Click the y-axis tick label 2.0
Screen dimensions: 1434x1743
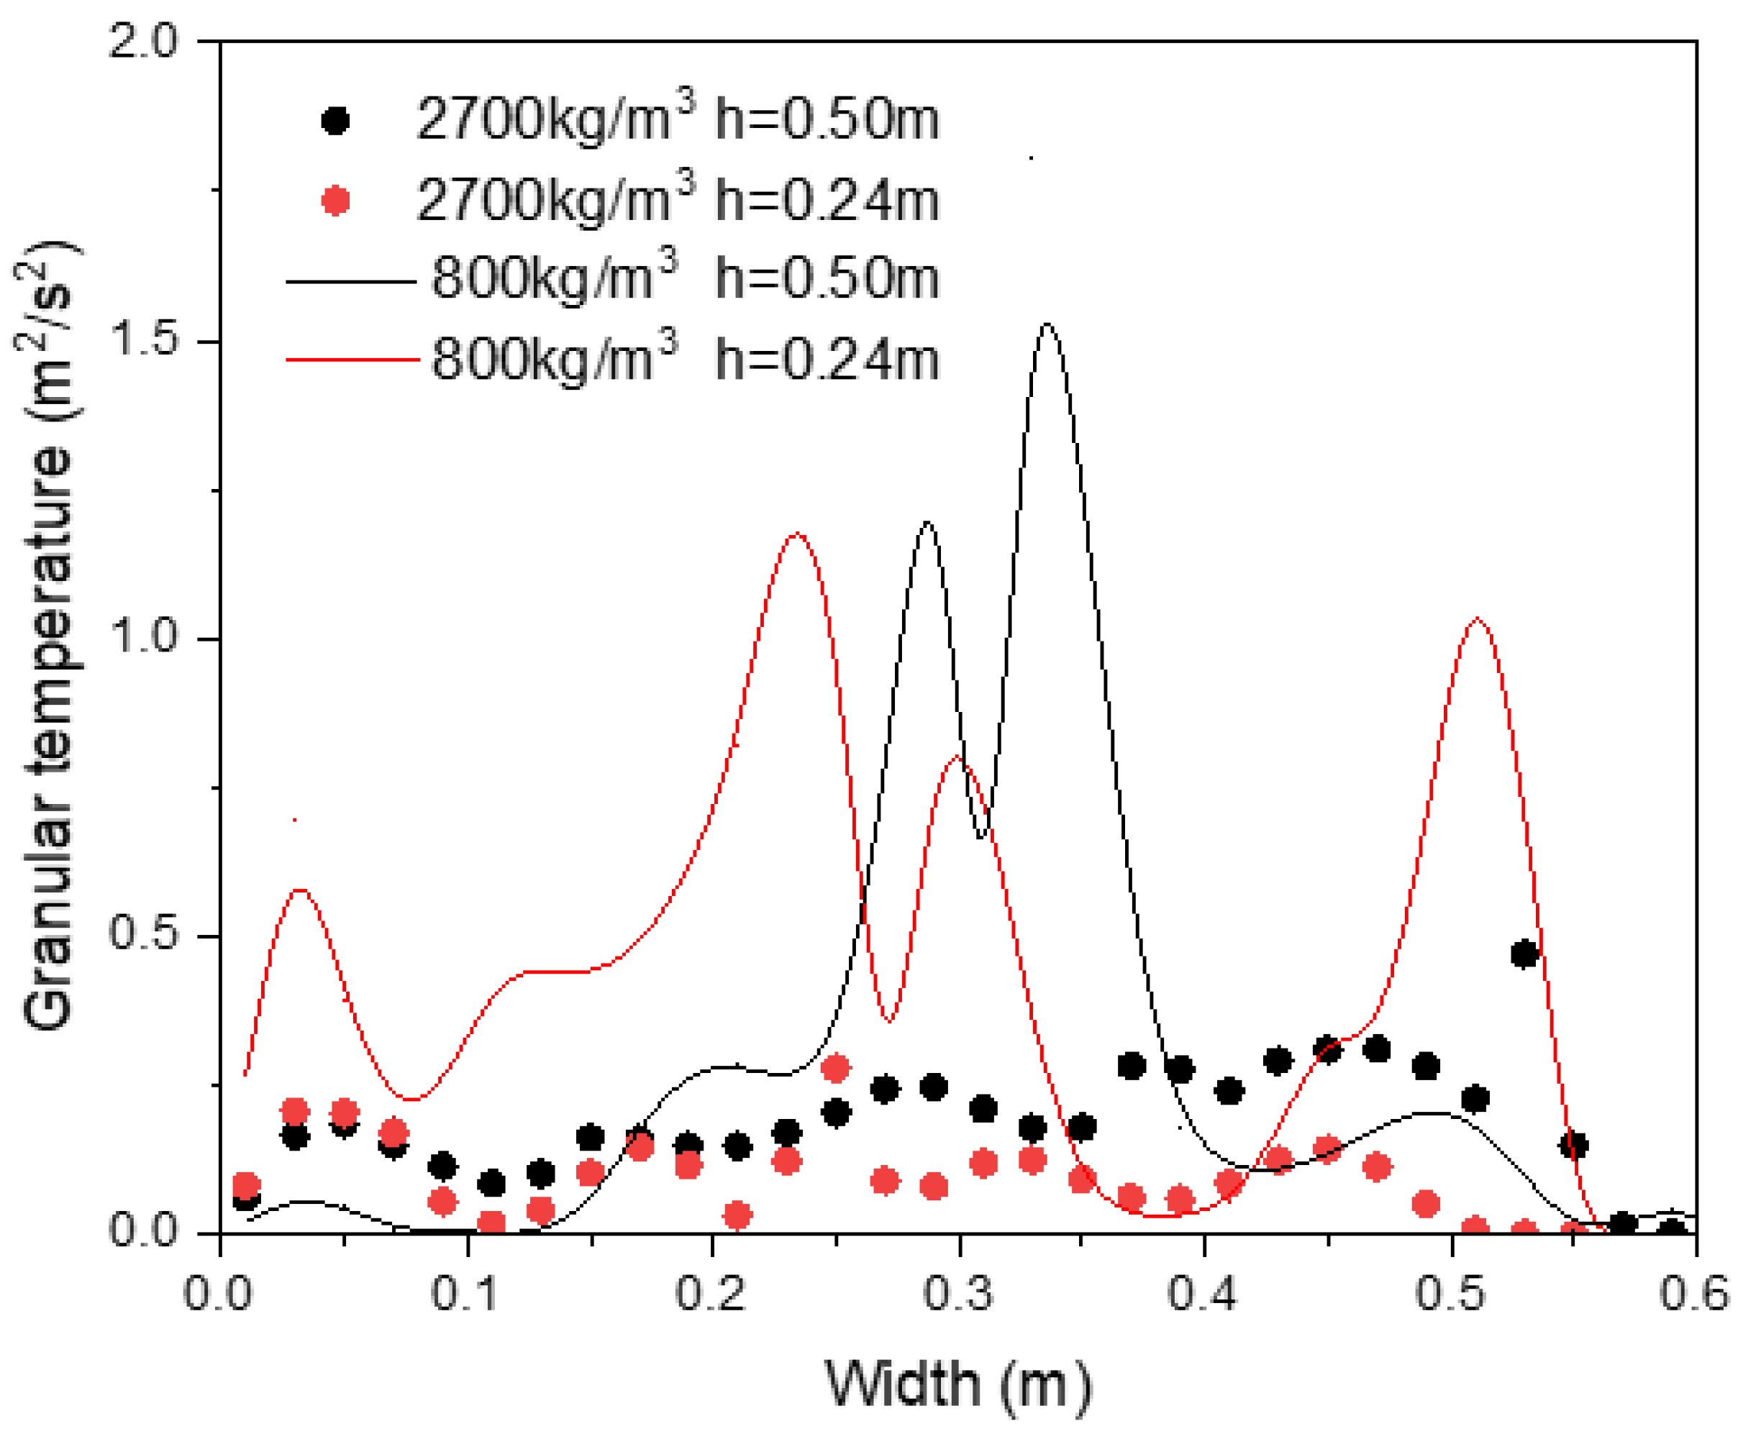pyautogui.click(x=144, y=41)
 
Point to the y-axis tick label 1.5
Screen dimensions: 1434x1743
pyautogui.click(x=144, y=340)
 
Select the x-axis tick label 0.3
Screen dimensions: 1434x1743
pyautogui.click(x=957, y=1293)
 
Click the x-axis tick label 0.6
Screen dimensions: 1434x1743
pyautogui.click(x=1694, y=1293)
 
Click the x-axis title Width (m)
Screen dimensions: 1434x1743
pyautogui.click(x=957, y=1384)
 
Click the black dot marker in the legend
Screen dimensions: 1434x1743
pyautogui.click(x=335, y=122)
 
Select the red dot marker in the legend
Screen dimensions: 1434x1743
pyautogui.click(x=335, y=201)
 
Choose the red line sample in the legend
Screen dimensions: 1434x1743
pyautogui.click(x=352, y=360)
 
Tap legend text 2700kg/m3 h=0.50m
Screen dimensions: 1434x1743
pyautogui.click(x=678, y=120)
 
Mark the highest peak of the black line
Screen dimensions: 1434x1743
pyautogui.click(x=1047, y=324)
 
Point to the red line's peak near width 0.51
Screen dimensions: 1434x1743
pyautogui.click(x=1475, y=618)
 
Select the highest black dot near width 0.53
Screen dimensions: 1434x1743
pyautogui.click(x=1524, y=954)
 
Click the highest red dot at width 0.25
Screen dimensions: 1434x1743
pyautogui.click(x=835, y=1068)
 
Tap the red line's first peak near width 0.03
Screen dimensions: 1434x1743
pyautogui.click(x=300, y=890)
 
